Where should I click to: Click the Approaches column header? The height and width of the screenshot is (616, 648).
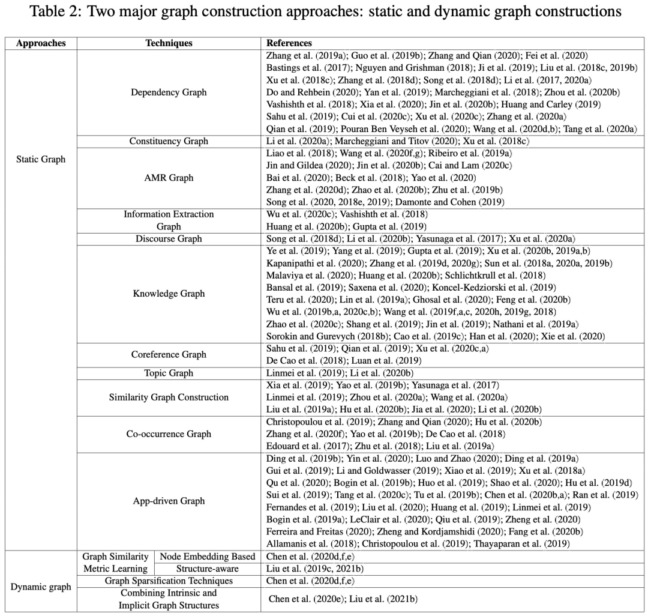tap(41, 44)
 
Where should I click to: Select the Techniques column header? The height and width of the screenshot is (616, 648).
tap(169, 44)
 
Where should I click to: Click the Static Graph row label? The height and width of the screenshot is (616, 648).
tap(41, 160)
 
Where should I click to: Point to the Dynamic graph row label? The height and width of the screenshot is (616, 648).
tap(41, 587)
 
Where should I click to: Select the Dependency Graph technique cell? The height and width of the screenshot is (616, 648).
tap(169, 92)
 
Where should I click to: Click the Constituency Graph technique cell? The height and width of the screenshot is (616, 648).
tap(169, 141)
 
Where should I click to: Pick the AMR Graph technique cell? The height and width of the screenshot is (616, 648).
tap(169, 178)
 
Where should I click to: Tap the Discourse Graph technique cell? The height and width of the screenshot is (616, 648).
tap(169, 239)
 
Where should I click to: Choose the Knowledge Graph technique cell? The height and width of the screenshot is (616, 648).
tap(169, 294)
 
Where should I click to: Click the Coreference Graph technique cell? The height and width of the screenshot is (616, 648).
tap(169, 354)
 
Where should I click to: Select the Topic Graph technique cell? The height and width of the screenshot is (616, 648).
tap(169, 373)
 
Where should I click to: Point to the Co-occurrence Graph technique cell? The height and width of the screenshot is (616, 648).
tap(169, 433)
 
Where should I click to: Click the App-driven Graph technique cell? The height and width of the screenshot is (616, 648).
tap(169, 501)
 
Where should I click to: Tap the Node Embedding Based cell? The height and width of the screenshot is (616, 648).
tap(208, 557)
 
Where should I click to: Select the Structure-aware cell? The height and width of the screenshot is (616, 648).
tap(208, 569)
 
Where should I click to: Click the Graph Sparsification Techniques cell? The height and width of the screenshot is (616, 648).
tap(169, 581)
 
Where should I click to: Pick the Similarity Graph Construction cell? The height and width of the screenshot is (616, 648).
tap(169, 397)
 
